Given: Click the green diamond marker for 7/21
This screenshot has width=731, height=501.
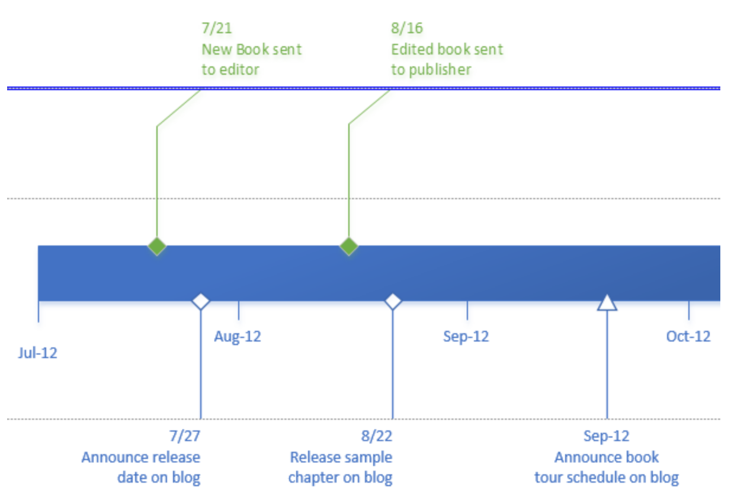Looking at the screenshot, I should click(157, 246).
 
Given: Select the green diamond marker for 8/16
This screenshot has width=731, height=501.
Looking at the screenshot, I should click(349, 246).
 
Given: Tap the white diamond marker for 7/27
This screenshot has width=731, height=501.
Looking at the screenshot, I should click(201, 301).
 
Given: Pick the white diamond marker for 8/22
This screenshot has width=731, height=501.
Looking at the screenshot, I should click(393, 301).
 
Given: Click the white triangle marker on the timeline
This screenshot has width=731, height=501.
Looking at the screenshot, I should click(607, 303).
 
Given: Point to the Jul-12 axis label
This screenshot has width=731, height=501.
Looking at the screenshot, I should click(38, 353).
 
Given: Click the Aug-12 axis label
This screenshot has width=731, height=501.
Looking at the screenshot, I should click(238, 337).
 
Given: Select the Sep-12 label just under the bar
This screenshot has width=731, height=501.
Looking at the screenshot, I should click(466, 337).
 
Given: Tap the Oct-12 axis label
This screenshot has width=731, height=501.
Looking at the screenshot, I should click(688, 337).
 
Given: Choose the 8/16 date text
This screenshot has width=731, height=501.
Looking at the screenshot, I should click(406, 28).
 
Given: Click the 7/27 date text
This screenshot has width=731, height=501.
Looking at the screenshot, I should click(185, 437).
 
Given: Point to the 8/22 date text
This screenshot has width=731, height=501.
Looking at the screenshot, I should click(377, 437).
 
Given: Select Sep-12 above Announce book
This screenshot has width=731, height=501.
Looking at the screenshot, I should click(606, 437).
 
